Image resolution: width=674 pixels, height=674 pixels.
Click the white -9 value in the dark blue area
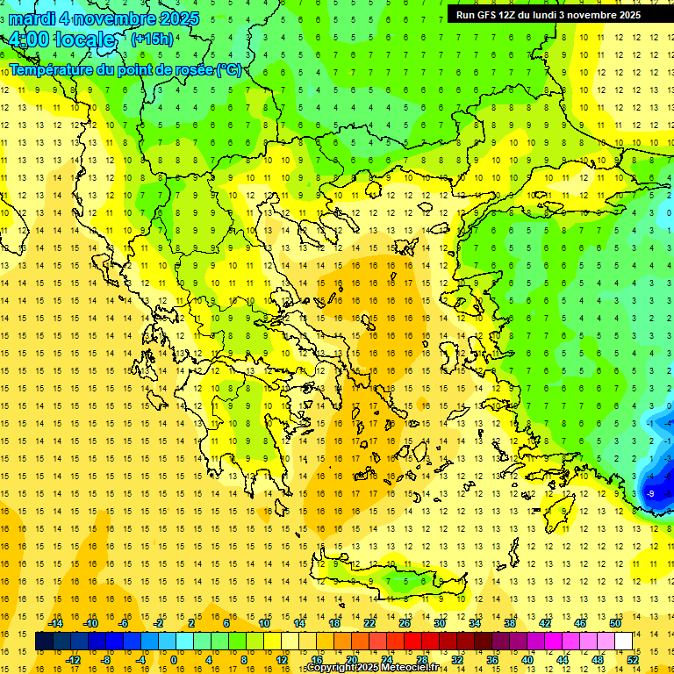650,494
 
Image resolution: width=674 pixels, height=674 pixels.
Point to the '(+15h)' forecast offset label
152,39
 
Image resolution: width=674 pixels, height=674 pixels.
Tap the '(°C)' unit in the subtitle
228,70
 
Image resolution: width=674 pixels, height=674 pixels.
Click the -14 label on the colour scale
56,623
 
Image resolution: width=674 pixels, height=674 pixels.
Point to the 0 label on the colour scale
173,659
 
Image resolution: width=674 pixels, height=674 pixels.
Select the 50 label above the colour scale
614,623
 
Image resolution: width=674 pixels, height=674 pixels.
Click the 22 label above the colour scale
369,623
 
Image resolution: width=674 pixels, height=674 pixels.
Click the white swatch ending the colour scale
624,641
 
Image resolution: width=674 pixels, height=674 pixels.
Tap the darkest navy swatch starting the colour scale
45,641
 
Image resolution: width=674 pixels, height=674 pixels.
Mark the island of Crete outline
386,579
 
